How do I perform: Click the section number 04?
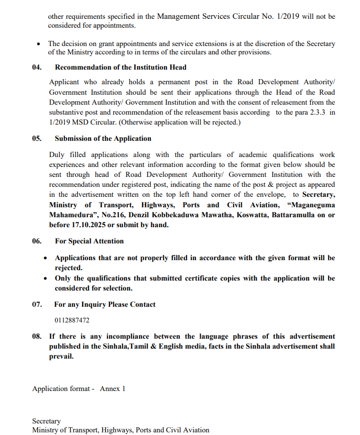click(37, 67)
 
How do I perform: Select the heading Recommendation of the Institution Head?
click(121, 67)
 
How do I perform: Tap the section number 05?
click(37, 139)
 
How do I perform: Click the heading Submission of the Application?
click(103, 139)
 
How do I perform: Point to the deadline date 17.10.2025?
click(86, 225)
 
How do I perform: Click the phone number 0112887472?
click(72, 320)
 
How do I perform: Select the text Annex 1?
click(113, 389)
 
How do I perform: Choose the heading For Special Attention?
click(89, 241)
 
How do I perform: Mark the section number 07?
click(37, 304)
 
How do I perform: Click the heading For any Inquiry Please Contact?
click(105, 304)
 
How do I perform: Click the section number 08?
click(37, 336)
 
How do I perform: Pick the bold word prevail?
click(61, 356)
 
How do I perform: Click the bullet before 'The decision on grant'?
click(38, 44)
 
